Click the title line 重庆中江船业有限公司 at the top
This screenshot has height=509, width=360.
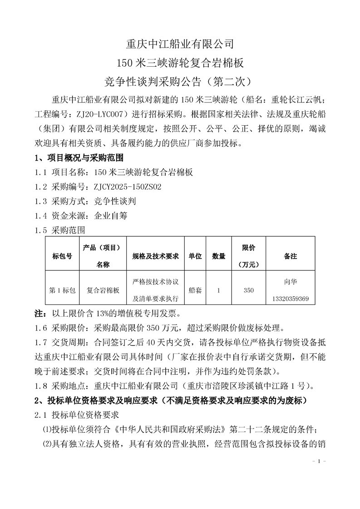click(180, 44)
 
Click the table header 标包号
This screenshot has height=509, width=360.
click(63, 256)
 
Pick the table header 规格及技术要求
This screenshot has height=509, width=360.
click(156, 256)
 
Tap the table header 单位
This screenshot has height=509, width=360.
click(195, 256)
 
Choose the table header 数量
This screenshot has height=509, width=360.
click(219, 256)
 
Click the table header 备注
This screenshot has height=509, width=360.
click(290, 256)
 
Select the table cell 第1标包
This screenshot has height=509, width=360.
click(63, 290)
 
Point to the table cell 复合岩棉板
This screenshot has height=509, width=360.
click(103, 290)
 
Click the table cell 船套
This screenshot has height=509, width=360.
click(195, 290)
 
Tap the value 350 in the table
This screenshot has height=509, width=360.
click(249, 290)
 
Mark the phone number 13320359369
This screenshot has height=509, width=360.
click(290, 299)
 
